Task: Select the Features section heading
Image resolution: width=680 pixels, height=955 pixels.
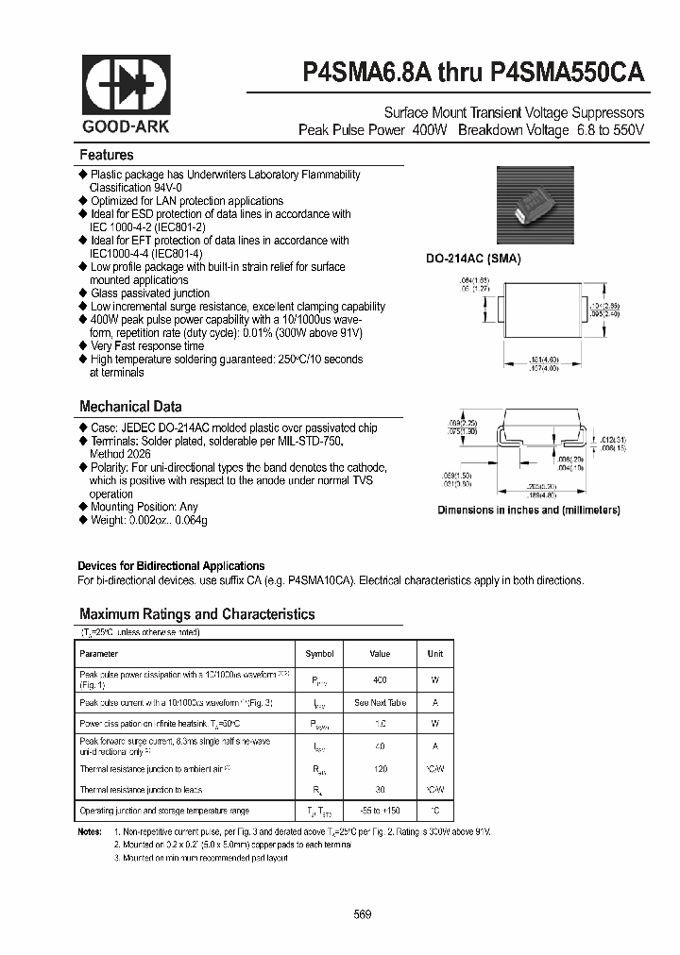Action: click(x=107, y=155)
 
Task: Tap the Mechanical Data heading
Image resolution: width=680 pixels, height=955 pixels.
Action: click(x=130, y=407)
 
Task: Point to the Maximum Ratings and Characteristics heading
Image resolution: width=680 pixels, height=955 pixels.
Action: click(x=196, y=614)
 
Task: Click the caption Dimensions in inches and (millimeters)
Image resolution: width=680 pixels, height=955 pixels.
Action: click(x=528, y=511)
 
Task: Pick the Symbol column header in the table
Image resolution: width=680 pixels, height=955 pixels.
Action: click(x=319, y=653)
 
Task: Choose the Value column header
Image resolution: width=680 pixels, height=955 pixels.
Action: click(x=380, y=653)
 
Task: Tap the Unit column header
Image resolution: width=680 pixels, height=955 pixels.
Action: click(x=434, y=653)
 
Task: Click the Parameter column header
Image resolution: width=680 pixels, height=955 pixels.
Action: click(x=99, y=653)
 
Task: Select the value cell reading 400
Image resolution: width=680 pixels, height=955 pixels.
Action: click(x=380, y=679)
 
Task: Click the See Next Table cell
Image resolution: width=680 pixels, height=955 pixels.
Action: click(x=380, y=703)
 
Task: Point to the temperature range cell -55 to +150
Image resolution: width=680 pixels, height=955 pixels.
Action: click(x=380, y=812)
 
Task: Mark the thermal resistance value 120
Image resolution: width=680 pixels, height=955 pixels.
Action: click(x=380, y=768)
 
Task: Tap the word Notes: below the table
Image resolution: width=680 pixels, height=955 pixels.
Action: click(x=90, y=831)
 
